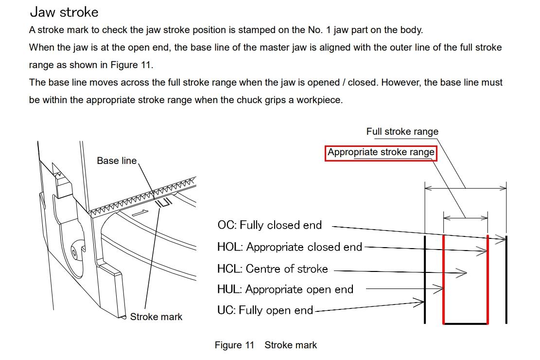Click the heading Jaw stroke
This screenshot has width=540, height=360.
(64, 12)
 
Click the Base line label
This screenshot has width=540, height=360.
(117, 161)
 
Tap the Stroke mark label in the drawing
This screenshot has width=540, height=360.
(156, 317)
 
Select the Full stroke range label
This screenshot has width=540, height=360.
(402, 131)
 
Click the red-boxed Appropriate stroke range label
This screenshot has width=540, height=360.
(381, 152)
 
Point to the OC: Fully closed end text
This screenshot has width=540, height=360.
(269, 225)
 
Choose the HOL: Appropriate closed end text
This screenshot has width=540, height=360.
(290, 247)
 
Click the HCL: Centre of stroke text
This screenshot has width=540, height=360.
(272, 269)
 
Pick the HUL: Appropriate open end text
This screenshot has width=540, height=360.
(285, 289)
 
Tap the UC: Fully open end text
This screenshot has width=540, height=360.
(265, 310)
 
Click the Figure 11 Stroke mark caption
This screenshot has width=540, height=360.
(265, 345)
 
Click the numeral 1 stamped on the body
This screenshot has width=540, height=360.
(139, 213)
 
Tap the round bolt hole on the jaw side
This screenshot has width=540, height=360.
(74, 252)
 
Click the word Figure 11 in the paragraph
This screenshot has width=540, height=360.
(131, 65)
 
